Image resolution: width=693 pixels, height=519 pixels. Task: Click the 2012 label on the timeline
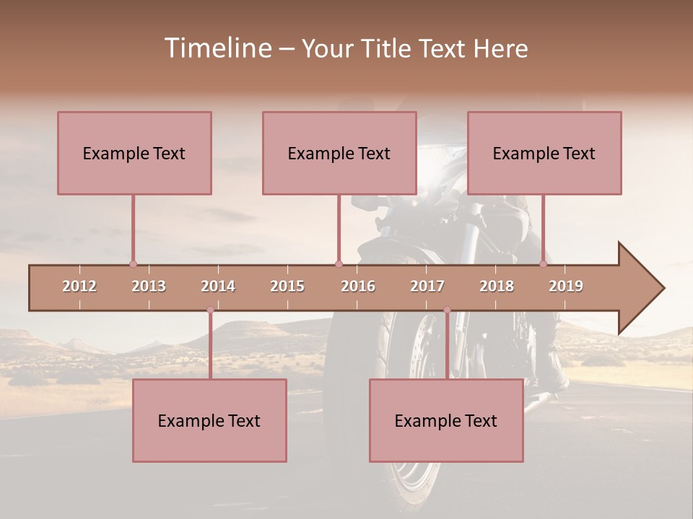point(79,286)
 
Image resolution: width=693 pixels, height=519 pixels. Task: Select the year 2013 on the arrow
point(149,286)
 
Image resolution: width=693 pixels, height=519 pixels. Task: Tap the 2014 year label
point(218,286)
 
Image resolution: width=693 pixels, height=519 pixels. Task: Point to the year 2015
point(287,286)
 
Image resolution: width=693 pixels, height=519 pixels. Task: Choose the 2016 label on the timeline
point(358,286)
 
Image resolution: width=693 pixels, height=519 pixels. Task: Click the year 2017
point(427,286)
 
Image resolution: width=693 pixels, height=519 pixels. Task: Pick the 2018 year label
point(497,286)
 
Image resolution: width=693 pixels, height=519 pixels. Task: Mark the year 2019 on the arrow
point(566,286)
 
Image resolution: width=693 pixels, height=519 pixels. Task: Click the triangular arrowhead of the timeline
point(639,288)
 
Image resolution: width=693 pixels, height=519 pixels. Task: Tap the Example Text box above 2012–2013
point(134,153)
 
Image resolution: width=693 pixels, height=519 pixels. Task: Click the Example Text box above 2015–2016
point(339,153)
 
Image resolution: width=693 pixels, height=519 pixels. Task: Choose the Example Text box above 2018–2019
point(544,153)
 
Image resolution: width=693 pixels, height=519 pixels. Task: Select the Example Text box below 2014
point(209,420)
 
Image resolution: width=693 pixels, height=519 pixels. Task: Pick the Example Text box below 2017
point(446,420)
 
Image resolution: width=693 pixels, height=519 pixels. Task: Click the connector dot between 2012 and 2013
point(133,265)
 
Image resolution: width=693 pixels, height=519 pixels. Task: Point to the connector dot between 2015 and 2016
point(339,265)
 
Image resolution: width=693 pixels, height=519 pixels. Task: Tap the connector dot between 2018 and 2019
point(544,265)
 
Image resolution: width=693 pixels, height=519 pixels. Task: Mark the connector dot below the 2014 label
point(210,310)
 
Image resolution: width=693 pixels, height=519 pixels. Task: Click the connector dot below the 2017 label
point(447,310)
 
